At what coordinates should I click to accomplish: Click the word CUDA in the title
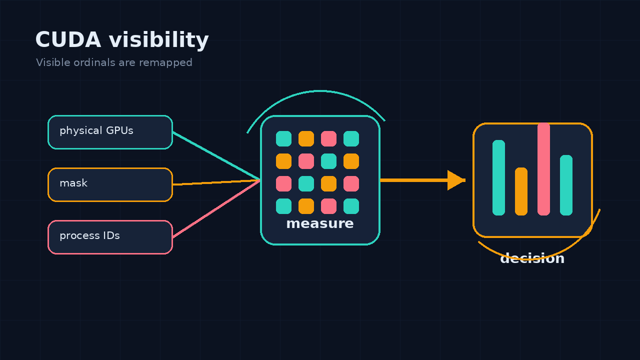68,39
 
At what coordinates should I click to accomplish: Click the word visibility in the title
159,40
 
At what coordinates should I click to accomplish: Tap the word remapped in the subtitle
165,63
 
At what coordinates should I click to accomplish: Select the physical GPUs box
110,132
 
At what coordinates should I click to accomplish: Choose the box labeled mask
110,185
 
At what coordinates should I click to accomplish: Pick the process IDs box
110,237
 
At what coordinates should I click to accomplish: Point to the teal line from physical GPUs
216,156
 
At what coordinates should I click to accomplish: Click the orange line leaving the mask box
216,182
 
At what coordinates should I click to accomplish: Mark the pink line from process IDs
216,209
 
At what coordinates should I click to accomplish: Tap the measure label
320,223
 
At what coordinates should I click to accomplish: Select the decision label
532,258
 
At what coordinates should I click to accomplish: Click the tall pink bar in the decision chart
543,169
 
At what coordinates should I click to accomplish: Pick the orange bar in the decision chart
521,191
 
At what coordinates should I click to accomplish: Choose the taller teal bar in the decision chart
498,177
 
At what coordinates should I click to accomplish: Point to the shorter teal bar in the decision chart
566,185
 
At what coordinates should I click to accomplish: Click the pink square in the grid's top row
328,139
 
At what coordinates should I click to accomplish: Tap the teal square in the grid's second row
328,161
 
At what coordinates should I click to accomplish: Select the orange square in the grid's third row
328,183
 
